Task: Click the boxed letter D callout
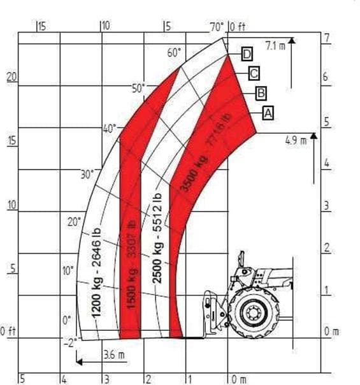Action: coord(247,54)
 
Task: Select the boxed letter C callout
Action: coord(253,73)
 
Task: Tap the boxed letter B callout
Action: coord(261,93)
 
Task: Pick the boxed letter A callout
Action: coord(268,113)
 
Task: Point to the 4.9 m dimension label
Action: coord(296,139)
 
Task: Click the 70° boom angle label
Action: coord(217,27)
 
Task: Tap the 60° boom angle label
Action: coord(175,53)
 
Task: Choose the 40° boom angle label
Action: coord(110,128)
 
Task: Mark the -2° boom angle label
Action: coord(70,342)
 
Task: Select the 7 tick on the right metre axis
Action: coord(326,38)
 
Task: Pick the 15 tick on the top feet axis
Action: coord(42,27)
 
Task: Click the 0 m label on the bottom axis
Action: coord(239,379)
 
